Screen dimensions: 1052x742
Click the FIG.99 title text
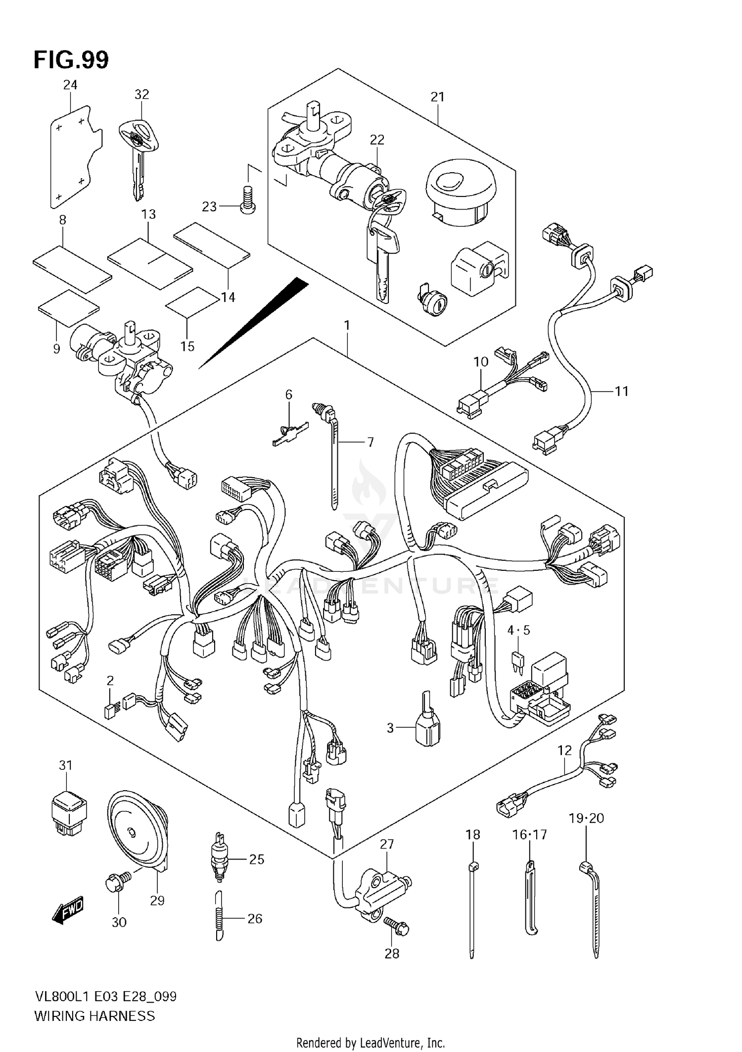pos(71,60)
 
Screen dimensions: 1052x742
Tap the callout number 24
pos(70,85)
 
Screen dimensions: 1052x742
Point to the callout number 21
pos(437,97)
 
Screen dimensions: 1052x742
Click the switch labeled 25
pos(218,860)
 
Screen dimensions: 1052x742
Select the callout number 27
pos(387,844)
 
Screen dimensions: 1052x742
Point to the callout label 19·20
pos(586,818)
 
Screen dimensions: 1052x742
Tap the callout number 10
pos(481,362)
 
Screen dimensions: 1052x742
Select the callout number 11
pos(621,391)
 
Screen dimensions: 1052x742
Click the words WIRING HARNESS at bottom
pos(94,1016)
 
